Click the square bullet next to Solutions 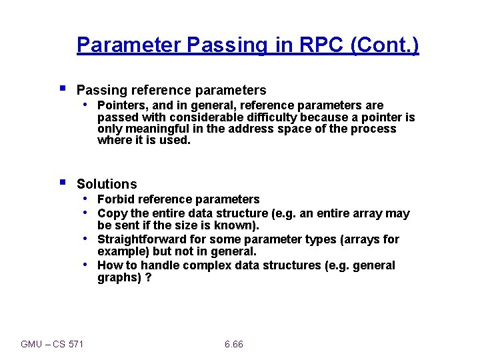click(62, 181)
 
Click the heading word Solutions click(107, 184)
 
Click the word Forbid click(115, 199)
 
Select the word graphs click(117, 277)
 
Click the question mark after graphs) click(148, 277)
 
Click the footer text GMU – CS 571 click(52, 344)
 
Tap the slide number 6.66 click(234, 344)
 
